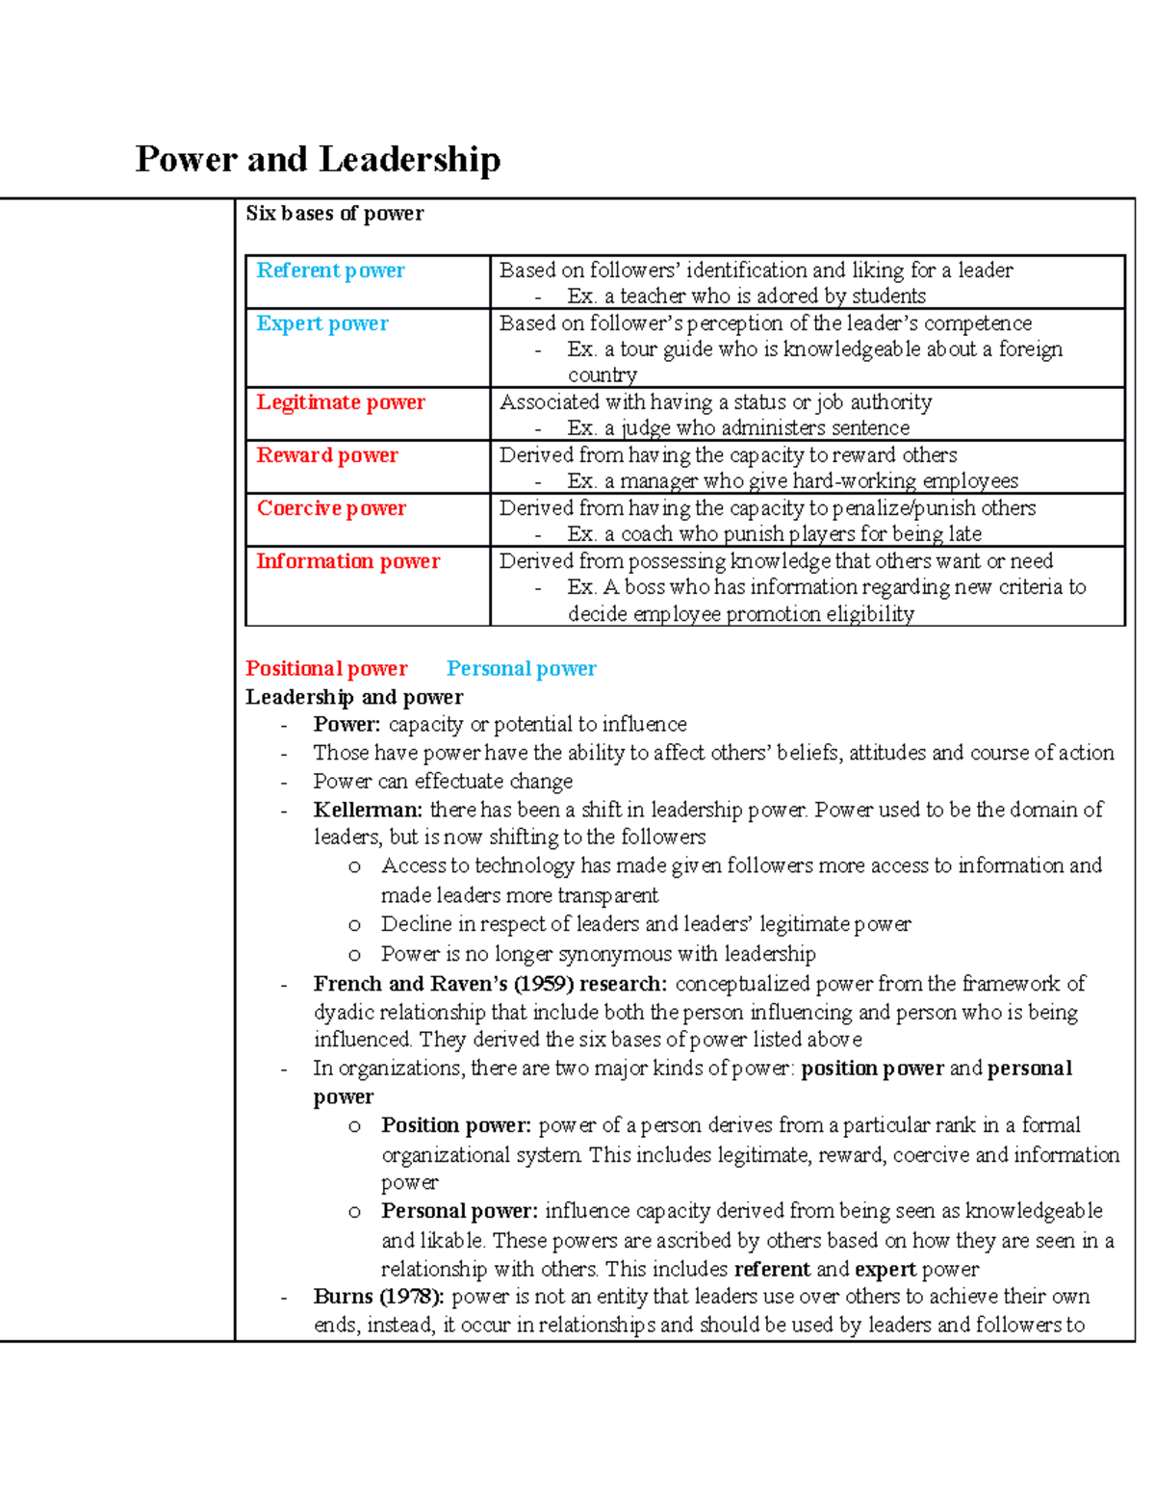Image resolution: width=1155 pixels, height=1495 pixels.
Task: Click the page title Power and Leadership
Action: point(318,159)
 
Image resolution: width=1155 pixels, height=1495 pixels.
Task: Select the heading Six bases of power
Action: point(334,214)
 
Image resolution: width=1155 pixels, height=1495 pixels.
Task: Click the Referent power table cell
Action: point(330,271)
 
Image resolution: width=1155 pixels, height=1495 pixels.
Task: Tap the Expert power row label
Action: point(322,323)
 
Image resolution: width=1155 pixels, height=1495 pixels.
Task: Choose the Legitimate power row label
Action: point(341,402)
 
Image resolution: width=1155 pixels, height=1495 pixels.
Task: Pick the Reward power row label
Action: point(327,455)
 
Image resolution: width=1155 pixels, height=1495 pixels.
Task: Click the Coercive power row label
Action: point(331,508)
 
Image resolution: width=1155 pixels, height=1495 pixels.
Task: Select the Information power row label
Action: point(347,561)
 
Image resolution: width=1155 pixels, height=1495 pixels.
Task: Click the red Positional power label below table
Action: point(326,668)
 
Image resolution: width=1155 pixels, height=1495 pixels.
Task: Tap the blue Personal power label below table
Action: point(521,668)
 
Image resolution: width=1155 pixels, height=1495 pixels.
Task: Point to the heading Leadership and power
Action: point(354,697)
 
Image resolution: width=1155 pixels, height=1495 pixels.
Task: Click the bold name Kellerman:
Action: point(368,810)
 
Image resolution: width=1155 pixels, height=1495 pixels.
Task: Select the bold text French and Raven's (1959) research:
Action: point(490,984)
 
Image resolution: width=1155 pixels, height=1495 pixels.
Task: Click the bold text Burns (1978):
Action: point(378,1297)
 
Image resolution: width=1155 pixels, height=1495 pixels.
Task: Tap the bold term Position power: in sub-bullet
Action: point(456,1125)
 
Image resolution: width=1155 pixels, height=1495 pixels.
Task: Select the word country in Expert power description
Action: point(603,375)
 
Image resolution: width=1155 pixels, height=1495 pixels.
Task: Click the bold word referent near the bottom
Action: point(772,1269)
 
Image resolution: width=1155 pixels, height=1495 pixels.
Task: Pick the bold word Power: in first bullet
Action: point(346,725)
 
